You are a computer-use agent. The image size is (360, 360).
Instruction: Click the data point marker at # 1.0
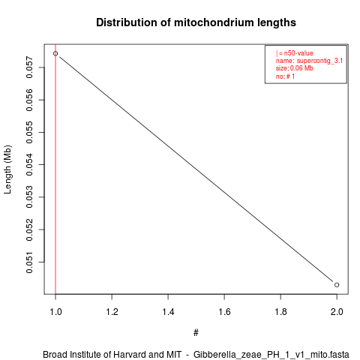click(x=55, y=53)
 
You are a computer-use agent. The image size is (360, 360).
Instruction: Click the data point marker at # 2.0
click(x=337, y=285)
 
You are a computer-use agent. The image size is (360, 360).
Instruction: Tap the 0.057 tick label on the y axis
click(x=29, y=67)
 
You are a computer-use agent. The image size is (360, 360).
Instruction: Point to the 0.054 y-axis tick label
click(x=29, y=164)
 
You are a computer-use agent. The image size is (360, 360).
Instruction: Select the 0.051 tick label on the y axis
click(x=29, y=262)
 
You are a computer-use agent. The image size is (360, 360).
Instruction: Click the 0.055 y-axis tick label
click(x=29, y=132)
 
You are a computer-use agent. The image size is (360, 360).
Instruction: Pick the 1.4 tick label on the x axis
click(x=168, y=312)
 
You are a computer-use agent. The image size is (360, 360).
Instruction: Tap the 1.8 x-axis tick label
click(x=280, y=312)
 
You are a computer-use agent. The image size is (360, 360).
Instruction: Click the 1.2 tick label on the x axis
click(x=112, y=312)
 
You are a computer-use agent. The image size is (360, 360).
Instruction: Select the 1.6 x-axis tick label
click(x=224, y=312)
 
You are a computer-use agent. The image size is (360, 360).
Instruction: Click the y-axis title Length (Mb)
click(x=7, y=169)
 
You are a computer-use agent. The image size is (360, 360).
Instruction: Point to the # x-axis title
click(x=196, y=333)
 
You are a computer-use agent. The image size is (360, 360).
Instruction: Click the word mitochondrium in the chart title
click(x=211, y=22)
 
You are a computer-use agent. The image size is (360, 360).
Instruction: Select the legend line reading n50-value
click(x=295, y=53)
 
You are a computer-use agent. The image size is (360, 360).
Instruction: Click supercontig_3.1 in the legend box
click(x=319, y=61)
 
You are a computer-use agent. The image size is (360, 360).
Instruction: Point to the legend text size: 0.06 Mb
click(x=295, y=68)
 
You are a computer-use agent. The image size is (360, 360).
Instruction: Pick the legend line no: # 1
click(x=285, y=76)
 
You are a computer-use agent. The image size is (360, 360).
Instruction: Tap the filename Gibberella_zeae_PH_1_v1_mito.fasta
click(x=271, y=355)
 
